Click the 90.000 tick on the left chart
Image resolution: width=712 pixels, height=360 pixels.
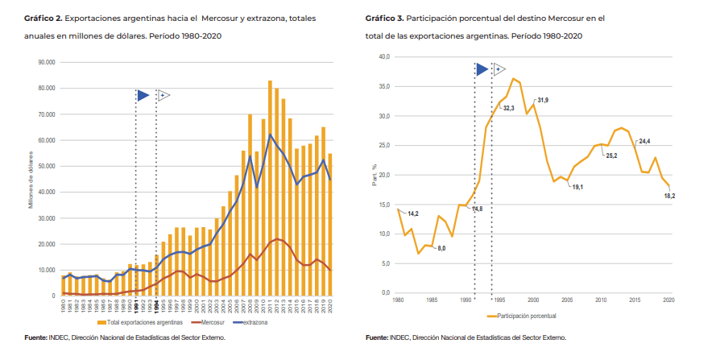click(45, 62)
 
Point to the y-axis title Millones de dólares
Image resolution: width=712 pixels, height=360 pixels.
click(31, 179)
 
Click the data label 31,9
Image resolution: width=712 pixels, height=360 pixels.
click(543, 100)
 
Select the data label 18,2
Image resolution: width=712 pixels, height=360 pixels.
click(669, 196)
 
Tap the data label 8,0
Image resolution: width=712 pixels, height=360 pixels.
click(441, 248)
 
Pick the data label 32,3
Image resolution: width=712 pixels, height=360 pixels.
click(508, 108)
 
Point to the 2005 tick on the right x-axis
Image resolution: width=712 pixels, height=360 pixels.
click(567, 299)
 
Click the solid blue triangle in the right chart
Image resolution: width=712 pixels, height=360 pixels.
click(482, 70)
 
